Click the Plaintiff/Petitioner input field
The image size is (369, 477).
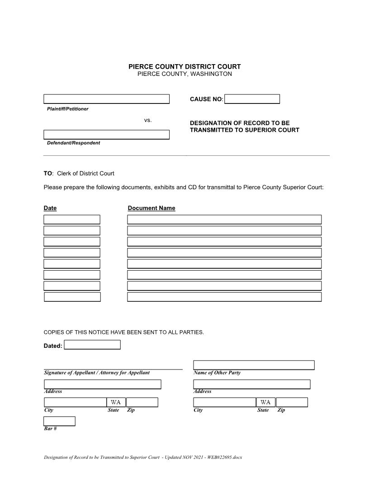tap(106, 99)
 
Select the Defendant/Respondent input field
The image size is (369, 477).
tap(106, 135)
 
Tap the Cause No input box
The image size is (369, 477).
tap(252, 99)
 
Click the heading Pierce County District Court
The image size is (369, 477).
tap(184, 66)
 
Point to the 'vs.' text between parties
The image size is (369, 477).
tap(148, 120)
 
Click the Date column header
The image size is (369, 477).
tap(50, 208)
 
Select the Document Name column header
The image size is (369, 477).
tap(151, 208)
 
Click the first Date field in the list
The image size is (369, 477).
tap(72, 220)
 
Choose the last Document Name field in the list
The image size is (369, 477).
tap(224, 297)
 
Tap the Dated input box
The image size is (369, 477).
tap(92, 345)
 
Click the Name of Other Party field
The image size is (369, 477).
tap(254, 365)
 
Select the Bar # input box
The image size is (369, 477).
tap(59, 421)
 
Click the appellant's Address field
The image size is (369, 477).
tap(102, 384)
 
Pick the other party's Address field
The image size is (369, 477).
tap(252, 384)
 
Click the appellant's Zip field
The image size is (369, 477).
tap(142, 402)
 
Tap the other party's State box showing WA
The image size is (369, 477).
tap(265, 402)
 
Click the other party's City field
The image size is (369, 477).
tap(224, 402)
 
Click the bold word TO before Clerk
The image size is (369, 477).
tap(47, 173)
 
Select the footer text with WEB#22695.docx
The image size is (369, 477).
tap(143, 457)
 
